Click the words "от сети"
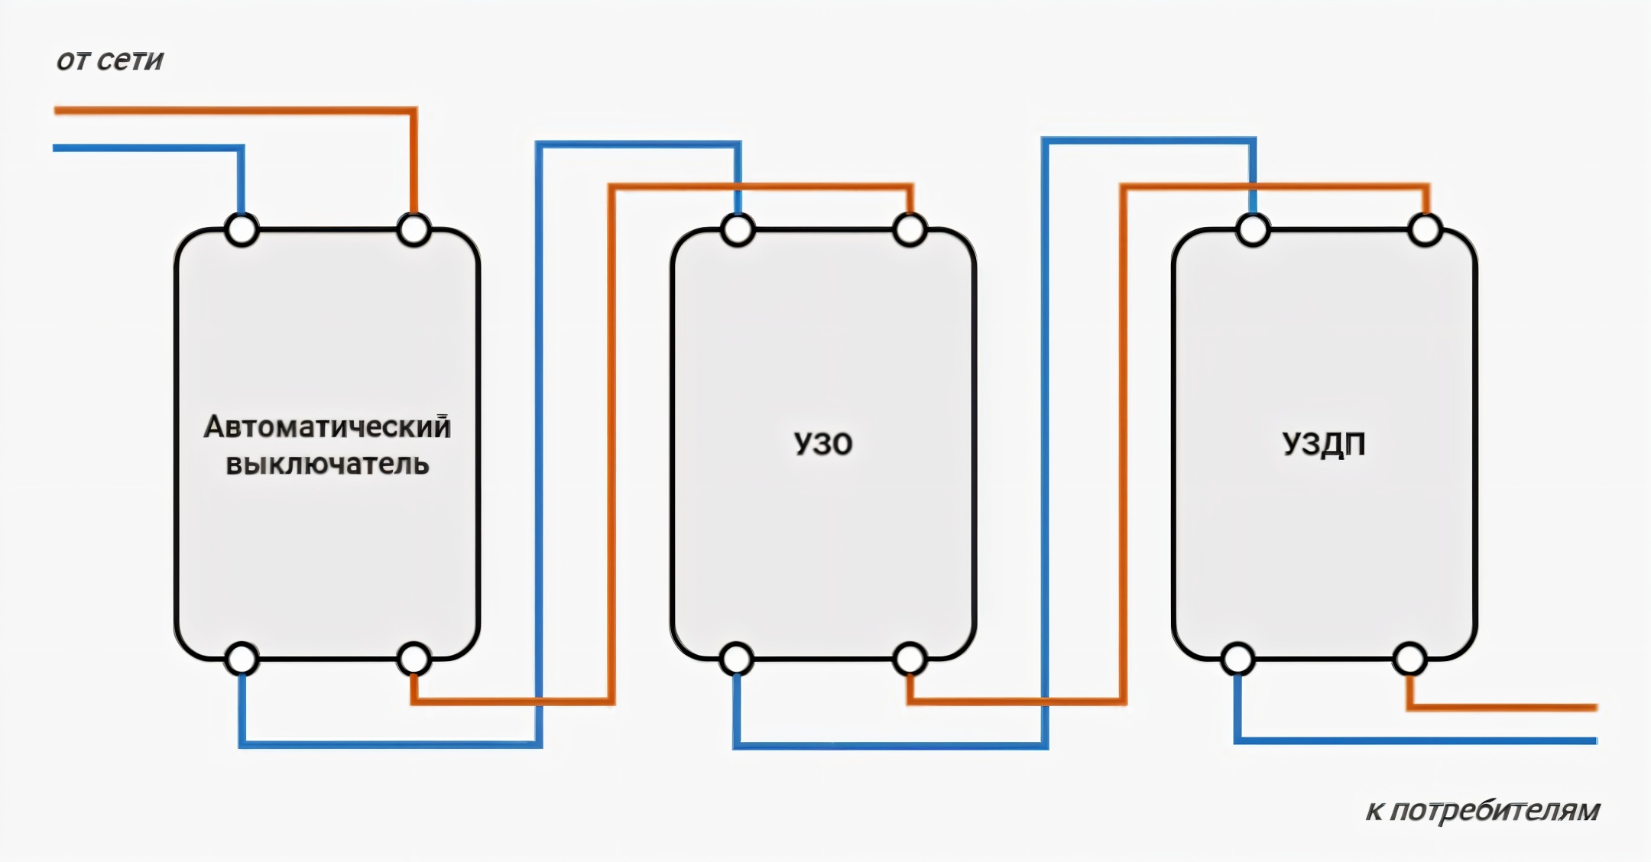[110, 60]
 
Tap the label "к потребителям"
[1482, 811]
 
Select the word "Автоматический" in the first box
[327, 427]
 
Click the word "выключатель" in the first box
[327, 465]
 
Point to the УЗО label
[822, 444]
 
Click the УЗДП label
[1323, 444]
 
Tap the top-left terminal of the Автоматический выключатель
[242, 230]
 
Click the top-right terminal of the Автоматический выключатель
[414, 230]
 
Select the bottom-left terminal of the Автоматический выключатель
[242, 659]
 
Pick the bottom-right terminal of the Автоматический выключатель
[414, 659]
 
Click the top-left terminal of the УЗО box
[738, 230]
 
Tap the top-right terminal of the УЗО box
[910, 230]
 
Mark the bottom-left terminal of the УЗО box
[737, 659]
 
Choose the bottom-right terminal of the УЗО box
[910, 659]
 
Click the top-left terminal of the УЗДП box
[1253, 230]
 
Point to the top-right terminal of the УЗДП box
[1425, 230]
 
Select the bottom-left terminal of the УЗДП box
[1237, 659]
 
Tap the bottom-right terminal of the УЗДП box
[1409, 659]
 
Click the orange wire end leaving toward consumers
[1590, 708]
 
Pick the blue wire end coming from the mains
[60, 148]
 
